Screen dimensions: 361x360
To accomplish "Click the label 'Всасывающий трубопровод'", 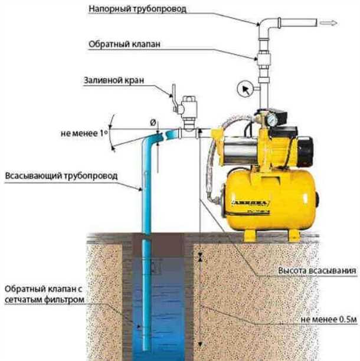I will pos(61,176).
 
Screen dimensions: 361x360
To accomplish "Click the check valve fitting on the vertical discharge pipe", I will pos(263,59).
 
